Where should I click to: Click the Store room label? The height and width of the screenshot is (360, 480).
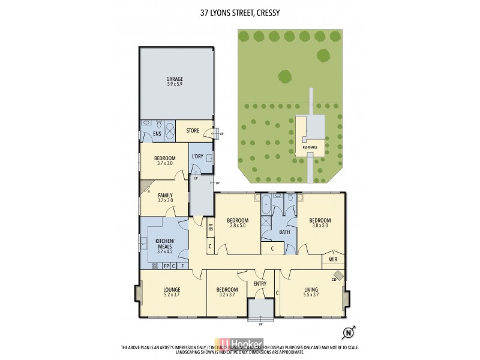coord(193,130)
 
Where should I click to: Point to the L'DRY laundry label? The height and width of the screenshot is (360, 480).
coord(198,157)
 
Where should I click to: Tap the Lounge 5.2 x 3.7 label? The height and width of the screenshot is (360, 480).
coord(172,292)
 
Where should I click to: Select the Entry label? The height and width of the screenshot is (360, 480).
coord(260,284)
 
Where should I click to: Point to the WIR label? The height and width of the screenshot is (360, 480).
coord(332,259)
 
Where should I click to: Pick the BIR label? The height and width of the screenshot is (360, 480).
coord(211,227)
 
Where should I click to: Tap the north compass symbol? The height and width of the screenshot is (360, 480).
coord(347,332)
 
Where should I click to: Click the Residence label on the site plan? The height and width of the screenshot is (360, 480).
coord(310,147)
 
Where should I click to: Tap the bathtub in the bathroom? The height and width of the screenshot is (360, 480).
coord(265,207)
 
